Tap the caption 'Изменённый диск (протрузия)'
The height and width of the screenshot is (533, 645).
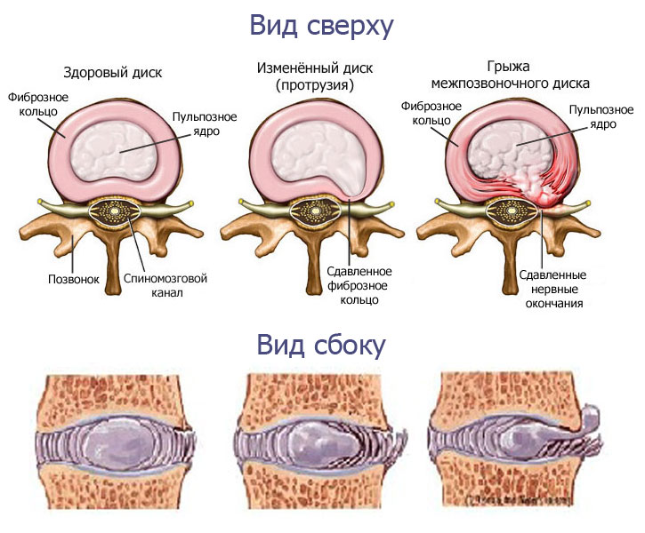302,76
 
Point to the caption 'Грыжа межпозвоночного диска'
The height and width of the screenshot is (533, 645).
510,76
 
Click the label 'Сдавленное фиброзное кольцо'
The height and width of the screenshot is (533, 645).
352,284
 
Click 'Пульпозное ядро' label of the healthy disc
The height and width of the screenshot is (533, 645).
197,123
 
